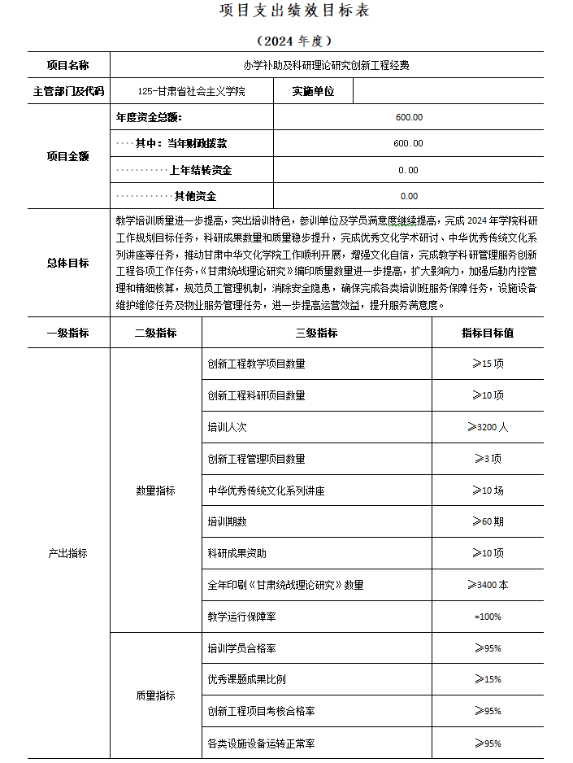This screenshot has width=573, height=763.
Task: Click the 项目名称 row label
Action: point(68,65)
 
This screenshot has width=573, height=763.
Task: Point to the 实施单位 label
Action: point(314,91)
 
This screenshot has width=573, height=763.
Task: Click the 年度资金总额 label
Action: point(155,117)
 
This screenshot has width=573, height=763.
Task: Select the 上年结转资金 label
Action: point(200,170)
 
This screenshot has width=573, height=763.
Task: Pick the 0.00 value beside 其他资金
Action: point(409,196)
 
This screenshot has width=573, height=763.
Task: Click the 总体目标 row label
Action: point(68,263)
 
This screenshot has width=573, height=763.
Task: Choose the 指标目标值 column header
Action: point(488,333)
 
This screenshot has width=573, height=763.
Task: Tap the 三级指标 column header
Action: point(316,333)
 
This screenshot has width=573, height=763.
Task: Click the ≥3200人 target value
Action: point(488,427)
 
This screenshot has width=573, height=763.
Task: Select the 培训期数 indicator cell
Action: point(228,521)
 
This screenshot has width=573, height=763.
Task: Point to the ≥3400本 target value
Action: point(488,585)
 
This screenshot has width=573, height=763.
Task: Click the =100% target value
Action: point(488,617)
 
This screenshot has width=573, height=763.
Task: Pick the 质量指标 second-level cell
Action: point(155,695)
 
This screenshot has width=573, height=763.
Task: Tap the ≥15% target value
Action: point(488,679)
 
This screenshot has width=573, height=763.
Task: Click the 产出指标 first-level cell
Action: point(68,553)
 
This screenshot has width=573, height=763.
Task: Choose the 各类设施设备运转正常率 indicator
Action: point(262,743)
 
